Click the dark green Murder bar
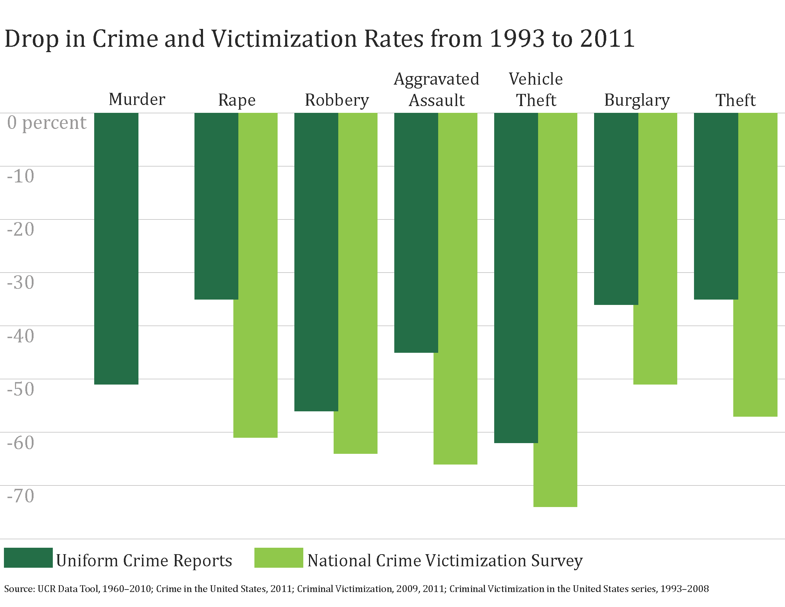pyautogui.click(x=116, y=248)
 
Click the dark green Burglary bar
pyautogui.click(x=616, y=209)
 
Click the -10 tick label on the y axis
pyautogui.click(x=20, y=176)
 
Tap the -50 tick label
pyautogui.click(x=20, y=389)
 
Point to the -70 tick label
pyautogui.click(x=20, y=496)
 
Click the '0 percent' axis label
pyautogui.click(x=47, y=122)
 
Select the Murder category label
pyautogui.click(x=137, y=99)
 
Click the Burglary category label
pyautogui.click(x=637, y=100)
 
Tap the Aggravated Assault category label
pyautogui.click(x=436, y=90)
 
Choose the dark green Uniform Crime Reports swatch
pyautogui.click(x=29, y=558)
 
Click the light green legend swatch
pyautogui.click(x=279, y=558)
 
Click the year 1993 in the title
pyautogui.click(x=517, y=39)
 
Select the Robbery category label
pyautogui.click(x=337, y=100)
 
